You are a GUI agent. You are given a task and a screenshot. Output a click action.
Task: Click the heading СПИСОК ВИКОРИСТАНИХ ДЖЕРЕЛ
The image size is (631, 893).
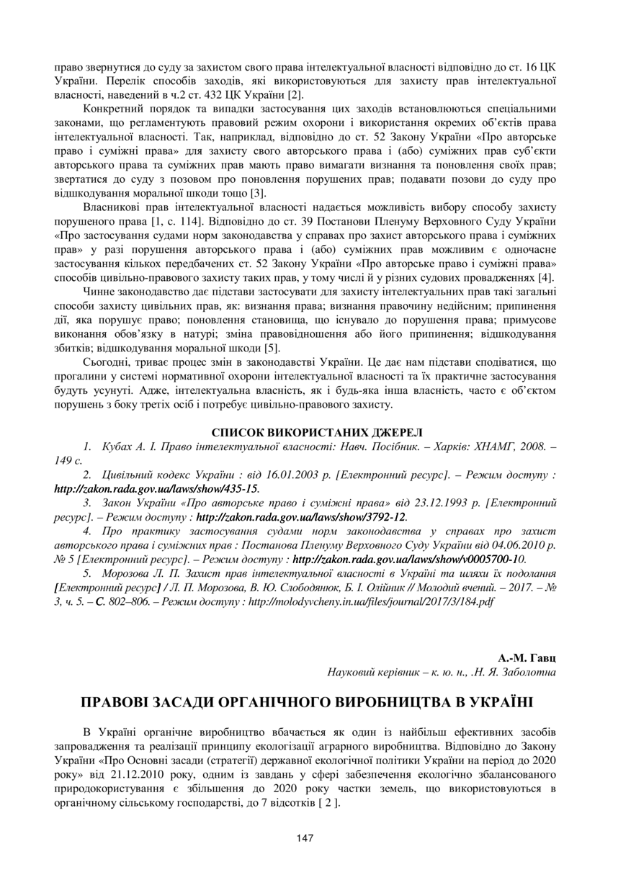(317, 432)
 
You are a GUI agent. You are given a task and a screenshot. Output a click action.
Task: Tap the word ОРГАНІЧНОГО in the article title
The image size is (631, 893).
(288, 702)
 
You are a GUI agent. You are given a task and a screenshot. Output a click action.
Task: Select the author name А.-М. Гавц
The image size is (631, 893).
(527, 658)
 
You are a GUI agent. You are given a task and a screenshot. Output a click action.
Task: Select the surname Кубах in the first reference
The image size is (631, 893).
(119, 447)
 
